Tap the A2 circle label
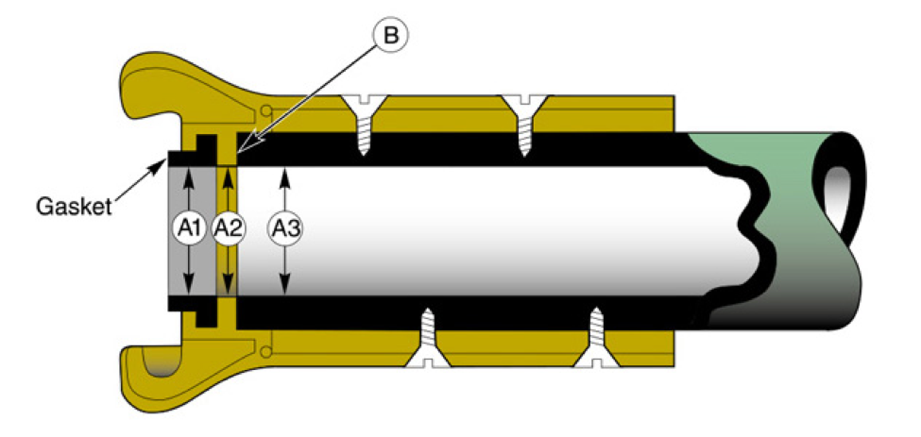coord(228,227)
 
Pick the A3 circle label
coord(284,227)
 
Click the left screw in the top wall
coord(362,121)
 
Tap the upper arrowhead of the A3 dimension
coord(284,175)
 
